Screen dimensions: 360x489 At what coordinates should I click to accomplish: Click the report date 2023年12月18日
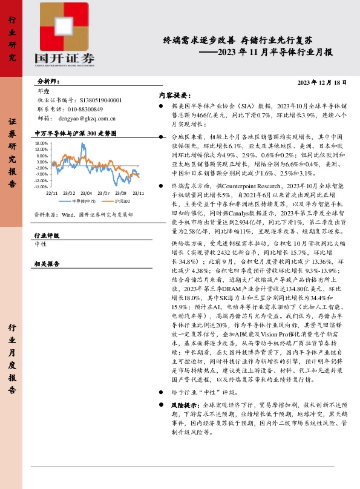coord(324,82)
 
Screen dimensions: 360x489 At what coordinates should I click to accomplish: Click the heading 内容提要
coord(174,95)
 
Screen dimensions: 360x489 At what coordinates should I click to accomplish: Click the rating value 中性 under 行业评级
coord(41,244)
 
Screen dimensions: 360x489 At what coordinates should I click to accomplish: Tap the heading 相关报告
coord(47,264)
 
